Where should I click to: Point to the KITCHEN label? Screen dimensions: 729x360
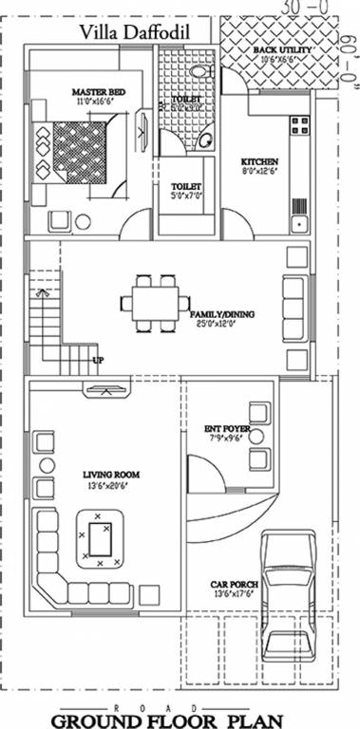tap(258, 162)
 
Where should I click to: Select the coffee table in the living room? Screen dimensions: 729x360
tap(100, 543)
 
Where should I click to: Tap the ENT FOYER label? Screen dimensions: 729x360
tap(227, 433)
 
